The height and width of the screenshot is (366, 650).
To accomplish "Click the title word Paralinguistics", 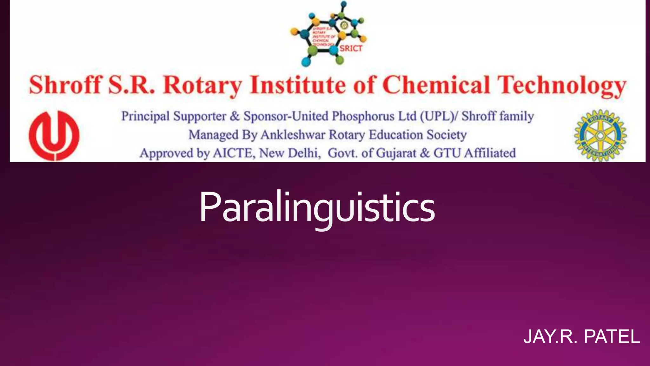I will (317, 207).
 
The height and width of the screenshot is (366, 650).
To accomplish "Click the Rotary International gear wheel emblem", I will (600, 136).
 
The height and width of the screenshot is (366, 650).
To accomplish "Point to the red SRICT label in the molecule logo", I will (351, 49).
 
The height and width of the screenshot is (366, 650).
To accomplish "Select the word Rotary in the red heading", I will (202, 85).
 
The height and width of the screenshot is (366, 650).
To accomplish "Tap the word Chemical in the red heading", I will (436, 85).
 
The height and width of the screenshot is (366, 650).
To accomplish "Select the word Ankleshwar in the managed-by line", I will (293, 135).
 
